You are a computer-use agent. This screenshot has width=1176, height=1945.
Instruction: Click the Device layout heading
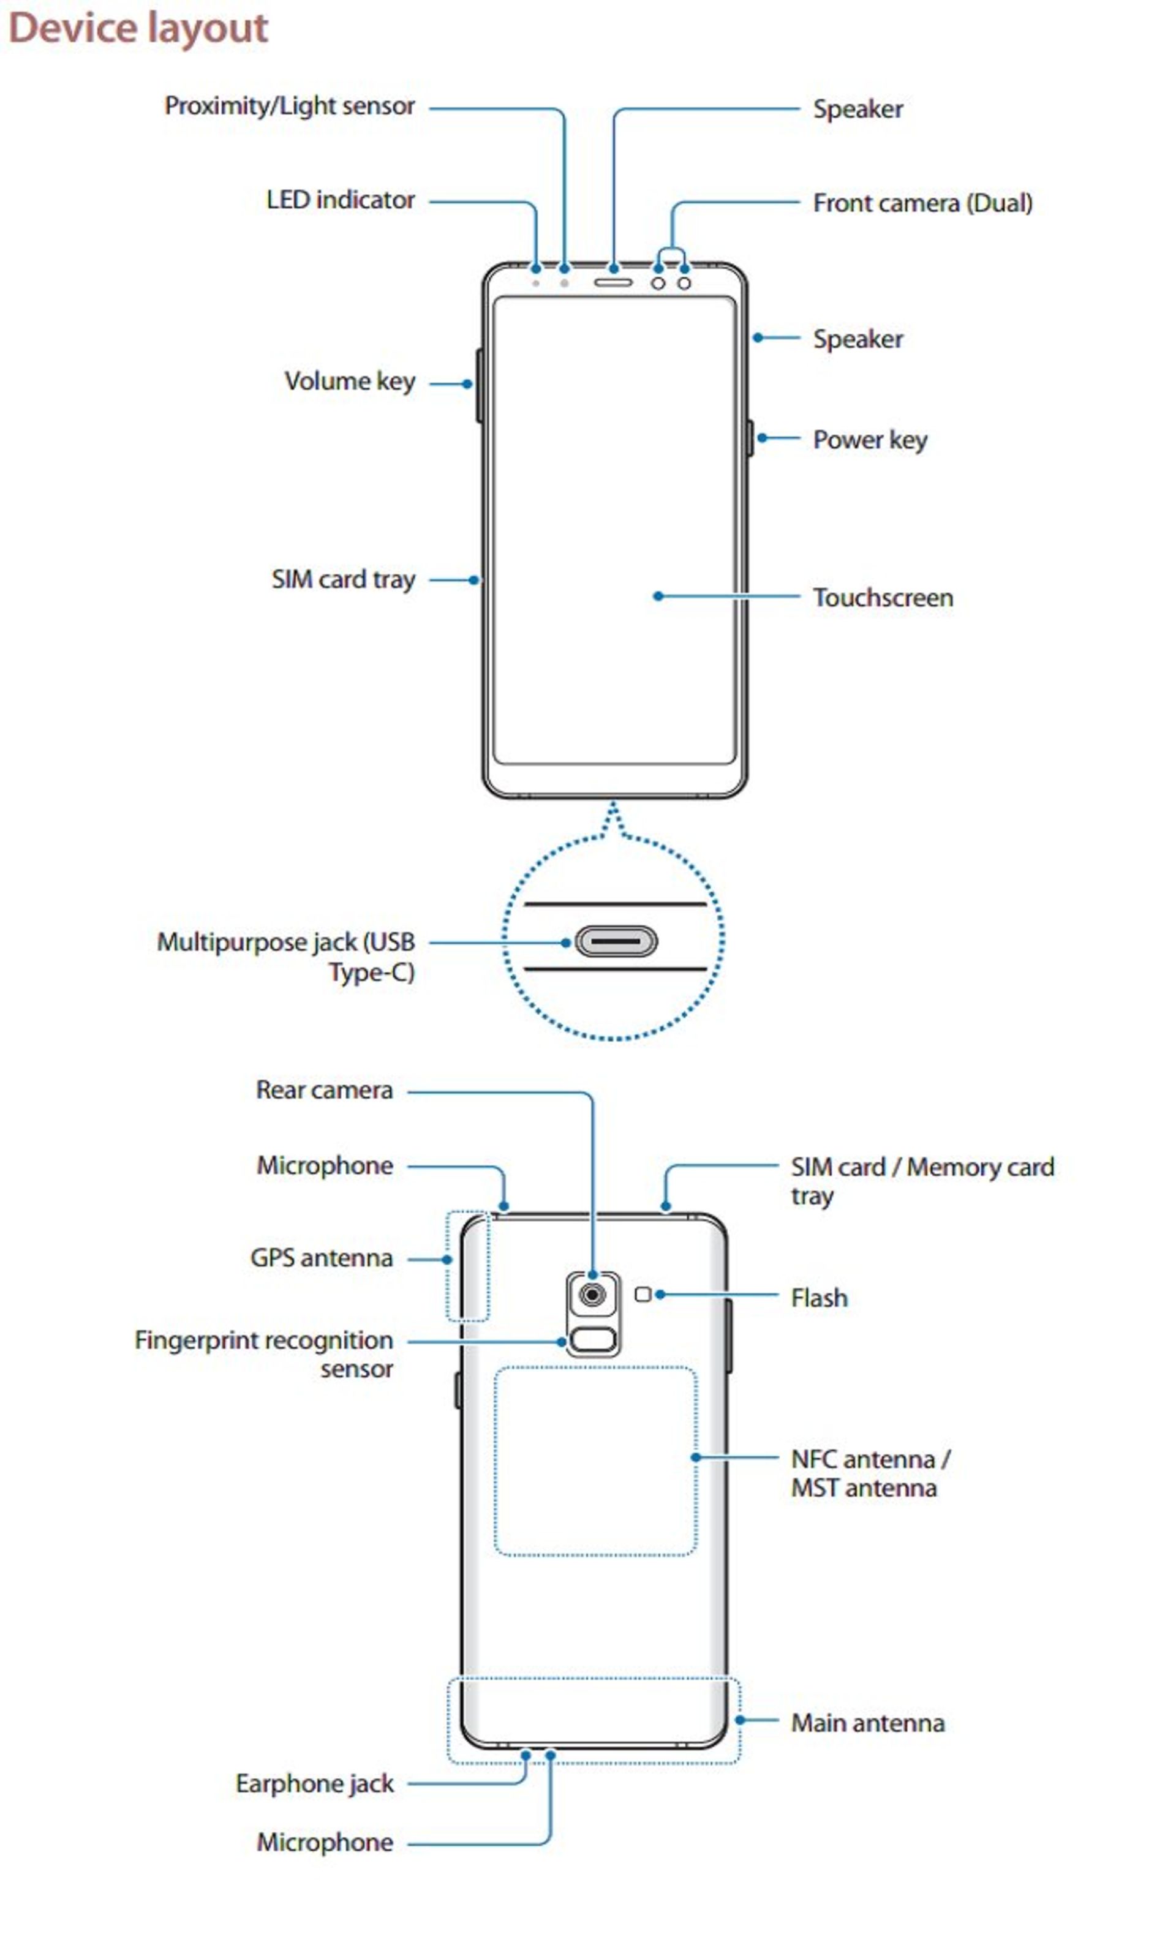coord(138,28)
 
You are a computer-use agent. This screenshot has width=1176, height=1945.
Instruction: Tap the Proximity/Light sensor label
coord(289,106)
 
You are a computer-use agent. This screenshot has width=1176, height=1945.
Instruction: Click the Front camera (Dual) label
coord(922,203)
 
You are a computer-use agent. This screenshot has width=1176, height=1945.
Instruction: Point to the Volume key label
coord(350,382)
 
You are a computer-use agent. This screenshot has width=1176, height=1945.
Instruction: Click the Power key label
coord(870,439)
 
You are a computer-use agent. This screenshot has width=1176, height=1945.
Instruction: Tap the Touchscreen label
coord(883,598)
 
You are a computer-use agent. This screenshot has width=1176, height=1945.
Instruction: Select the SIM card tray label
coord(344,579)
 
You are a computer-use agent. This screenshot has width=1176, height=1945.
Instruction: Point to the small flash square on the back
coord(643,1294)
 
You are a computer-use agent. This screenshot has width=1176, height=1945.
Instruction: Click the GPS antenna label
coord(321,1257)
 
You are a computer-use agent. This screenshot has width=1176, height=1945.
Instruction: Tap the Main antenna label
coord(867,1723)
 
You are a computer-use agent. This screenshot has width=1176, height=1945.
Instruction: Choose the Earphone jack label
coord(314,1783)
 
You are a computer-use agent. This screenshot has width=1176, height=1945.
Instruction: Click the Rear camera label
coord(325,1090)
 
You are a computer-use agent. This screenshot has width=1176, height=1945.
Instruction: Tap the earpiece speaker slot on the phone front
coord(613,282)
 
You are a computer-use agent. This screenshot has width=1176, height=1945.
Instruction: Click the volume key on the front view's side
coord(479,385)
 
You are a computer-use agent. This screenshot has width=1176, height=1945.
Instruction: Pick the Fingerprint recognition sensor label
coord(263,1354)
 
